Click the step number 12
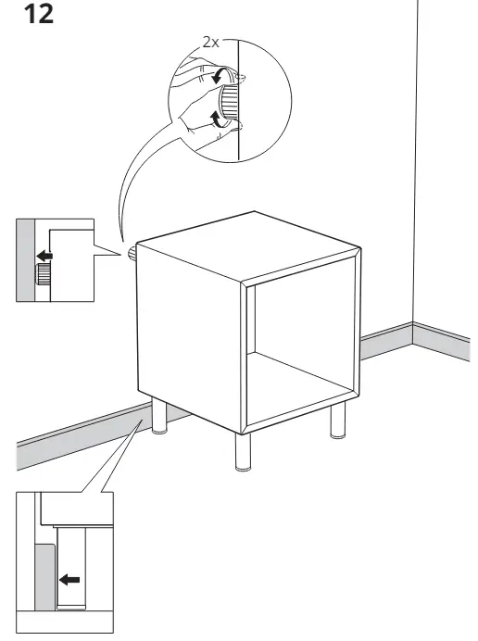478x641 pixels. pos(39,14)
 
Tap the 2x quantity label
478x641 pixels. pos(211,42)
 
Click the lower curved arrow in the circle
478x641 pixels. pos(217,118)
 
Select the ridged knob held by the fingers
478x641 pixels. pos(228,101)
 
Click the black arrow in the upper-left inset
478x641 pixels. pos(44,257)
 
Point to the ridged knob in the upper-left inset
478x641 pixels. pos(42,274)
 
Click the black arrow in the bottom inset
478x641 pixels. pos(69,579)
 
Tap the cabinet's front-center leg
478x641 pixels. pos(243,452)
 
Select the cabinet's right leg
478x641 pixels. pos(338,420)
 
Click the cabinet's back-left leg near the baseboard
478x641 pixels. pos(159,416)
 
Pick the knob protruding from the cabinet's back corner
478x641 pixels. pos(132,255)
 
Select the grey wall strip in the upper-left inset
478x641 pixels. pos(25,260)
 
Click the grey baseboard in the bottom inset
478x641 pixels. pos(45,578)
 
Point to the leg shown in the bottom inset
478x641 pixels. pos(71,568)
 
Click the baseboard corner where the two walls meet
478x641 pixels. pos(412,333)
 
